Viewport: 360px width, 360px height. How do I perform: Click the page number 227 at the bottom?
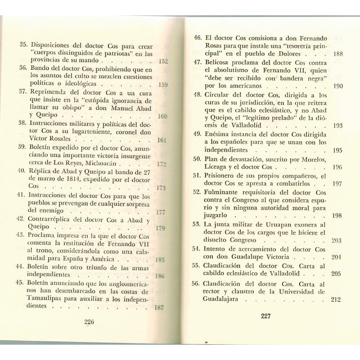tap(265, 315)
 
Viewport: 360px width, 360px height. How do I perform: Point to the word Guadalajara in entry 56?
tap(225, 299)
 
